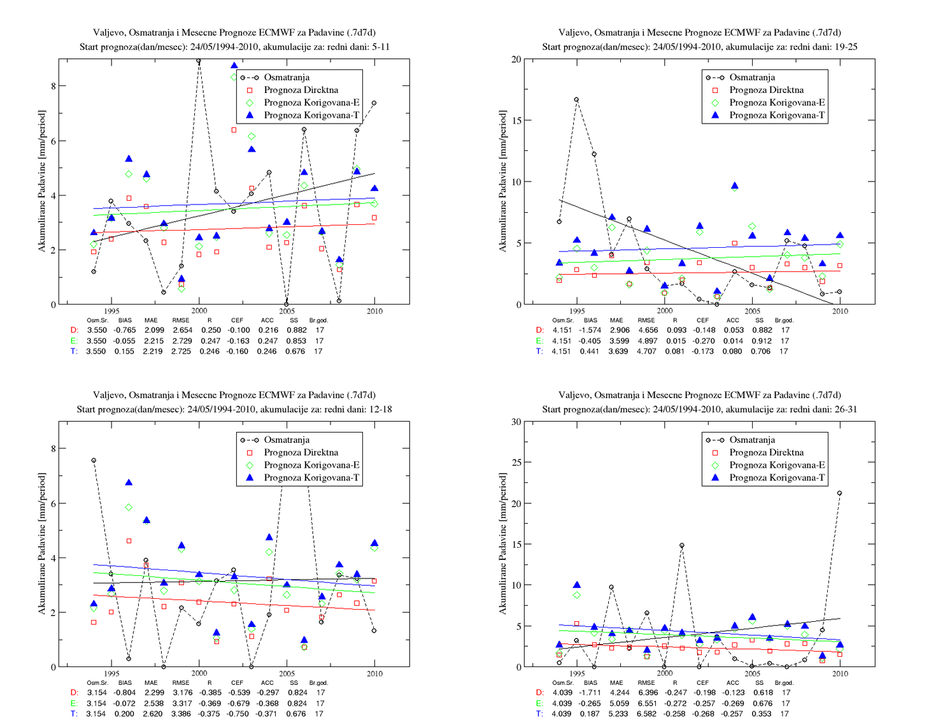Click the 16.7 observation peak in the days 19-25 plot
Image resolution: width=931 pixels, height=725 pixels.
coord(576,99)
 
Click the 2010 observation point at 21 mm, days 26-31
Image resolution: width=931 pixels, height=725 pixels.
coord(839,493)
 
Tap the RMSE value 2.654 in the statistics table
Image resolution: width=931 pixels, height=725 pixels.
coord(181,330)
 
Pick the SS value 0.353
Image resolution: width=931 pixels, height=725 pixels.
coord(761,714)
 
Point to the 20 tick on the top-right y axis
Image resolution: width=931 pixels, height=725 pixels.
coord(516,59)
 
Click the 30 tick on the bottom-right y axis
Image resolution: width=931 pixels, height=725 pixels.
coord(516,422)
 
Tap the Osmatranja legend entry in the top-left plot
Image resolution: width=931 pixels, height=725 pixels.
coord(287,77)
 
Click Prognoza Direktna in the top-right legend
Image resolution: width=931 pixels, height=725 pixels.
coord(766,90)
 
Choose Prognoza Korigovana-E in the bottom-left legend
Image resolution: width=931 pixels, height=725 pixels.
coord(311,465)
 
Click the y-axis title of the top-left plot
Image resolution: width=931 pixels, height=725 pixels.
coord(42,181)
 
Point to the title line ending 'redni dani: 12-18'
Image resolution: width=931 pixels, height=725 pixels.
coord(234,409)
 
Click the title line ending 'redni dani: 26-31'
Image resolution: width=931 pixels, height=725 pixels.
coord(699,409)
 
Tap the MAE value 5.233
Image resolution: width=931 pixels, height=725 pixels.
coord(616,714)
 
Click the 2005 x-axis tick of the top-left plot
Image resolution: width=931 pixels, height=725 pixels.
coord(287,311)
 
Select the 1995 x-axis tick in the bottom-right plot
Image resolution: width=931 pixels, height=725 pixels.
coord(577,673)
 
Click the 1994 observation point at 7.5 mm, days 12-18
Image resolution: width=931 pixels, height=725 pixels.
coord(94,460)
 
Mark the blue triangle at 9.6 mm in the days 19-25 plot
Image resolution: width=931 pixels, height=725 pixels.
coord(734,186)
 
